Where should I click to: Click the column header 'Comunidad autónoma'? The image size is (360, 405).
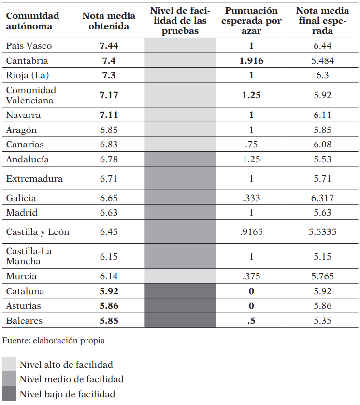(x=32, y=21)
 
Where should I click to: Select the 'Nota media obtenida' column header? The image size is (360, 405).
(x=109, y=21)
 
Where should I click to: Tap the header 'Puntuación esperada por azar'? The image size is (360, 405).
(x=251, y=21)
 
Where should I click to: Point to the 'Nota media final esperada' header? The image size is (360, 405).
(x=322, y=21)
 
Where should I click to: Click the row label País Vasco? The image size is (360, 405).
(x=29, y=46)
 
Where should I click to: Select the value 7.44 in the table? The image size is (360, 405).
(x=109, y=46)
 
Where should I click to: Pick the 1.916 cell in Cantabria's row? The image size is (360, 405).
(x=251, y=61)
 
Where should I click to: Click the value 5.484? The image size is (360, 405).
(x=322, y=61)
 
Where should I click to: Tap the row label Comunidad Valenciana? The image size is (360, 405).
(x=31, y=95)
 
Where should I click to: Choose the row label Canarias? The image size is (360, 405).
(x=25, y=145)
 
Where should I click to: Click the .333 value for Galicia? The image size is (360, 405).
(x=251, y=198)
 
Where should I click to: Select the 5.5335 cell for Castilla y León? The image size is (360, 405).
(x=322, y=232)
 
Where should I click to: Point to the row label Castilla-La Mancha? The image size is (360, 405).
(x=29, y=257)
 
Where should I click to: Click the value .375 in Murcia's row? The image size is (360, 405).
(x=251, y=277)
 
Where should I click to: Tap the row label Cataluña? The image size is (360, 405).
(x=25, y=291)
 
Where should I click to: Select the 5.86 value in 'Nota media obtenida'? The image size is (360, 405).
(x=109, y=306)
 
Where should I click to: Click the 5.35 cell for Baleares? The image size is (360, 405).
(x=322, y=320)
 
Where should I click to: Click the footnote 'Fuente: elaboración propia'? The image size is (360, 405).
(x=54, y=341)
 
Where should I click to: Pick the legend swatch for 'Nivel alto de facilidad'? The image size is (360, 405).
(x=9, y=364)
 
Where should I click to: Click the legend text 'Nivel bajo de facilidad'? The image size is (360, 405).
(x=67, y=394)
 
